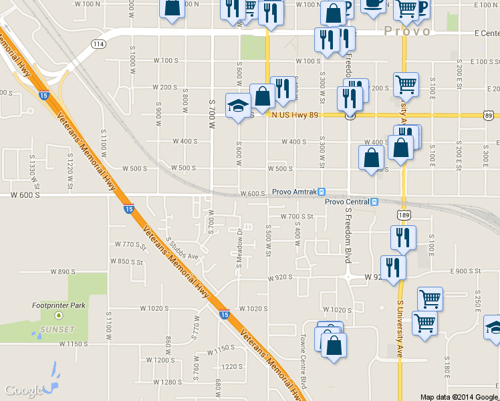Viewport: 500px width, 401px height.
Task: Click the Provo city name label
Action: click(408, 31)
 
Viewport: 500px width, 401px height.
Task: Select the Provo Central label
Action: click(347, 202)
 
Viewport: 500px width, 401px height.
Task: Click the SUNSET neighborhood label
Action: click(57, 329)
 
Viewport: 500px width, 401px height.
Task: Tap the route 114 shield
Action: click(99, 44)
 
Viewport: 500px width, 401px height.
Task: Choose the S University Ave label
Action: click(401, 329)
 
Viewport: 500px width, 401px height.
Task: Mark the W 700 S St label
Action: click(297, 217)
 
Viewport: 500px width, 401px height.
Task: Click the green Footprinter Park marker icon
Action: click(59, 315)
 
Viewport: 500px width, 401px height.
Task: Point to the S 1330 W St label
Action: click(31, 164)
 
